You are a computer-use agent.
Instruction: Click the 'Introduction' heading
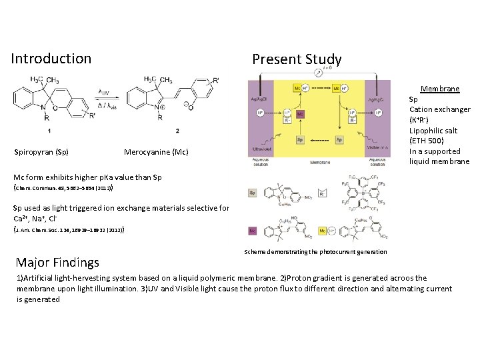point(51,59)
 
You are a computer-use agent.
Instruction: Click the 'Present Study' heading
point(297,59)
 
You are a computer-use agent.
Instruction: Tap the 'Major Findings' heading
point(58,262)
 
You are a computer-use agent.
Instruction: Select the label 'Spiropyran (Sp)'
point(41,152)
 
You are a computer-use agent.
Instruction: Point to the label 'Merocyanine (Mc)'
point(156,152)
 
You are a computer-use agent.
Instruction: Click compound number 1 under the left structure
point(49,130)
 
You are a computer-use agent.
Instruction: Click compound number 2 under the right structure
point(177,130)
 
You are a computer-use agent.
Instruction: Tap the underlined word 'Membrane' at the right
point(439,89)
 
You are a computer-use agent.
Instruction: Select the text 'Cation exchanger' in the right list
point(440,109)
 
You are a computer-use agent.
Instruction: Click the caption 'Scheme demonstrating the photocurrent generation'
point(315,251)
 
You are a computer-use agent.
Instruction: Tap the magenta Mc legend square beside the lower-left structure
point(253,231)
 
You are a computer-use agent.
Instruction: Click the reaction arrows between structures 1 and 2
point(104,99)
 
